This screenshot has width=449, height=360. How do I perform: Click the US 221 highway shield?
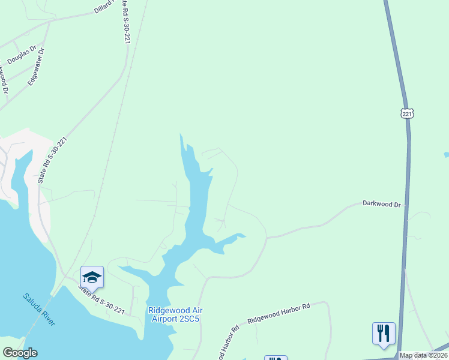point(408,113)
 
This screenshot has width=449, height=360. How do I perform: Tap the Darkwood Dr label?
point(381,204)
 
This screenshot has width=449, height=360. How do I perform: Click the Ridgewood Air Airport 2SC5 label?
point(176,314)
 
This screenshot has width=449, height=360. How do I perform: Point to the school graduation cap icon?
point(92,277)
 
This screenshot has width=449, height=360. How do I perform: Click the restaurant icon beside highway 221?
point(384,334)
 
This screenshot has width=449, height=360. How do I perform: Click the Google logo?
point(20,353)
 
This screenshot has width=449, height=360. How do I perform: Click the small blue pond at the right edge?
point(446,155)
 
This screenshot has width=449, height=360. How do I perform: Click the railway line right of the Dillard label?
point(143,12)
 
